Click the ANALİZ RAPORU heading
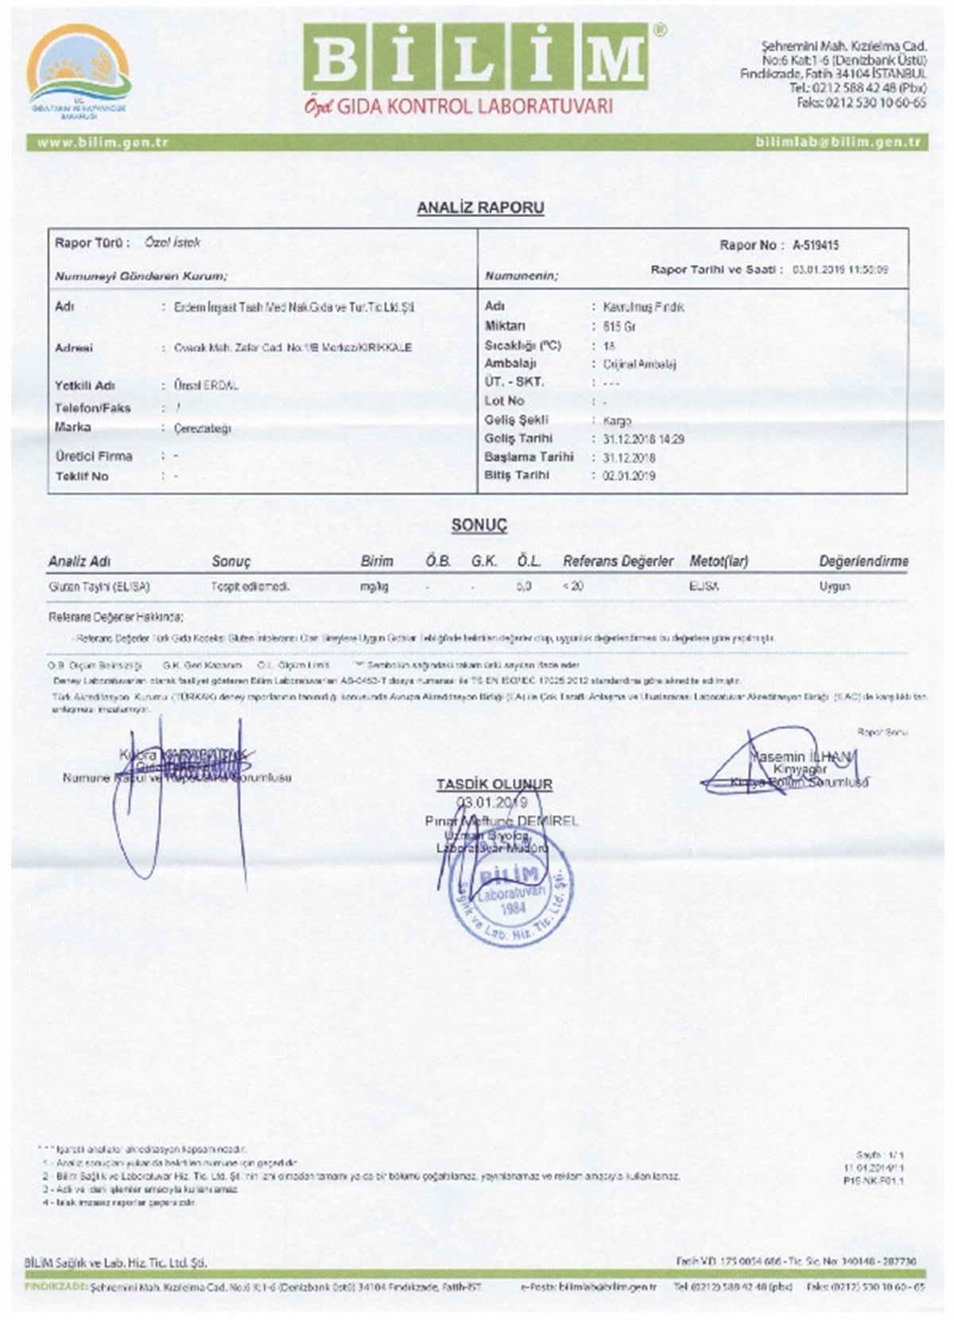(x=480, y=208)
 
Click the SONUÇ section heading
(x=479, y=525)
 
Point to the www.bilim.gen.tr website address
(x=103, y=142)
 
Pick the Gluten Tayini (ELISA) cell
(x=99, y=587)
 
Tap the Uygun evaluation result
(x=835, y=587)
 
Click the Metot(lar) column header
(x=719, y=561)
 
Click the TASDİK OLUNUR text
(x=494, y=784)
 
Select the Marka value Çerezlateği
(x=202, y=429)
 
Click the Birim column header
(x=377, y=561)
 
